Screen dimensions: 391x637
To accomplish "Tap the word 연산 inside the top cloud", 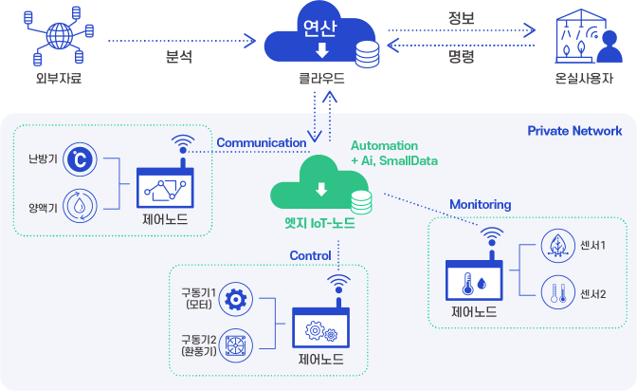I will click(320, 28).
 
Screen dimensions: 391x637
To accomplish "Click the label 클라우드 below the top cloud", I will click(319, 80).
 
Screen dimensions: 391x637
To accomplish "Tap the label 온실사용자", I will click(584, 80).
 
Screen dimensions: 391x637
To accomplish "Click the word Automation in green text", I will click(384, 146).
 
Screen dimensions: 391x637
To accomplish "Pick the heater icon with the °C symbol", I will click(81, 160).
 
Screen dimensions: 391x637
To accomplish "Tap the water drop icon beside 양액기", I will click(81, 205).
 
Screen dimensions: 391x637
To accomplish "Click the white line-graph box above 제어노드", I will click(165, 191).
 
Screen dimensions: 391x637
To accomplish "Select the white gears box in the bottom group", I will click(320, 331).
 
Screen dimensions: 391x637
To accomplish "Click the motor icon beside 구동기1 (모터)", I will click(235, 299).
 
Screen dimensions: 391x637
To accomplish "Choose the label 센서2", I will click(592, 294).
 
